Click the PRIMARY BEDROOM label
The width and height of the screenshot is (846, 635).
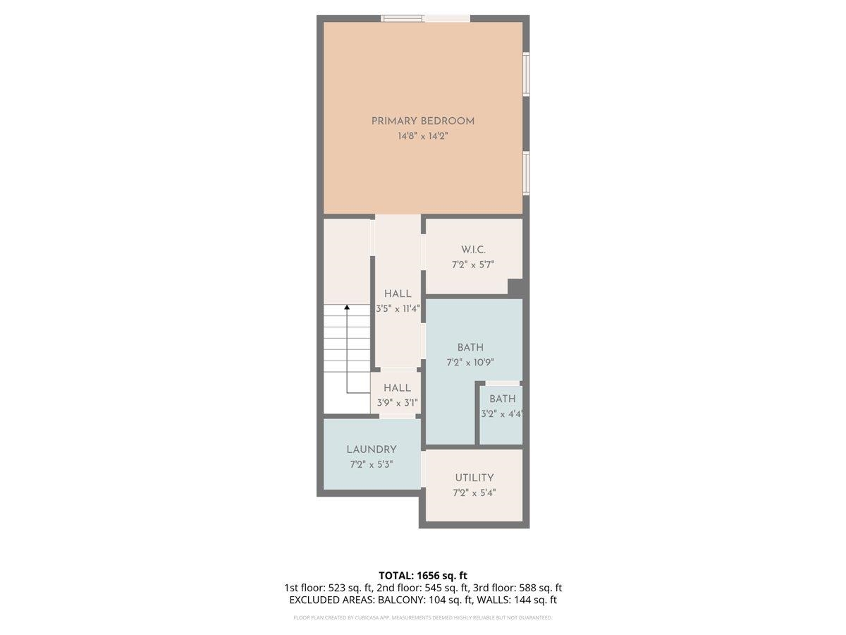(423, 121)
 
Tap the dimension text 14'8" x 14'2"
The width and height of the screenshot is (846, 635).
(423, 135)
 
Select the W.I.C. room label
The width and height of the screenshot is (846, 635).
(474, 250)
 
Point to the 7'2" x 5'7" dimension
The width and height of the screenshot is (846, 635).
(474, 265)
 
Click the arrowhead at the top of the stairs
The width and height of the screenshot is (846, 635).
(347, 308)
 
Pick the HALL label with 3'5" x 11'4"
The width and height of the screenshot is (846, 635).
(398, 294)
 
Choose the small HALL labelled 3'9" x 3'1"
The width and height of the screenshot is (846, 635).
(398, 388)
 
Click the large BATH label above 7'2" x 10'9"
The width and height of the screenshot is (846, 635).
(470, 348)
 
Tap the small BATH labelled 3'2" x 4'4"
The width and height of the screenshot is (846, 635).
(503, 399)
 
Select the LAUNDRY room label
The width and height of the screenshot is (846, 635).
(372, 449)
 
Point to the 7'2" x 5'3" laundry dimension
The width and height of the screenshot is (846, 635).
(372, 464)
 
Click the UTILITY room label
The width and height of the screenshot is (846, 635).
(474, 478)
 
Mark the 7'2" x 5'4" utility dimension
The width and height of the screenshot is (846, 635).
(474, 492)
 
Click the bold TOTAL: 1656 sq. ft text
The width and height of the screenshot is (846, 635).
(423, 575)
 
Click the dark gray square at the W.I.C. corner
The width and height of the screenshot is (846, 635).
(516, 288)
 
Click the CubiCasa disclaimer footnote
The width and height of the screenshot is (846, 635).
(423, 617)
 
